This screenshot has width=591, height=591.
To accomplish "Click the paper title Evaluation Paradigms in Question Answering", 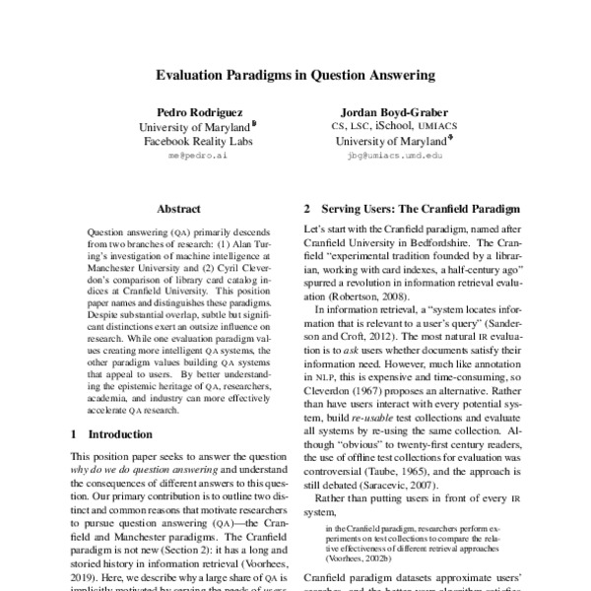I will tap(295, 73).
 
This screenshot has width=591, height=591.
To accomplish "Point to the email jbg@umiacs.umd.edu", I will tap(388, 156).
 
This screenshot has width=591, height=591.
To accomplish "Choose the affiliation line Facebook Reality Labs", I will tap(197, 142).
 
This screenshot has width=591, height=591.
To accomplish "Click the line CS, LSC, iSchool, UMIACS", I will tap(388, 126).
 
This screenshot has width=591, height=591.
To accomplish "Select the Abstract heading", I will tap(178, 209).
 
